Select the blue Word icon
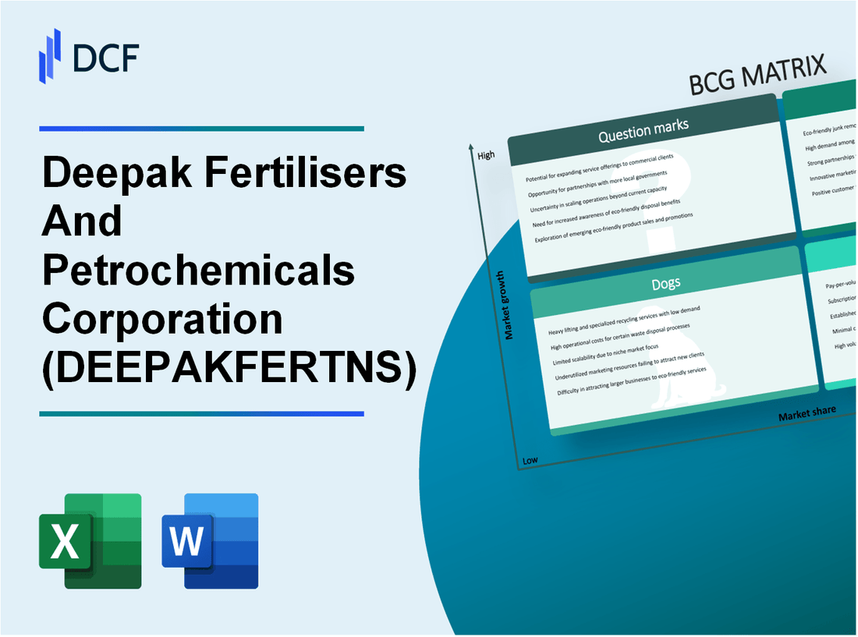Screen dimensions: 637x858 [x=210, y=540]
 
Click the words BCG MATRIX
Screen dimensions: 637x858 [x=757, y=76]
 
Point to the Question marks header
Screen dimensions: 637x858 [x=643, y=131]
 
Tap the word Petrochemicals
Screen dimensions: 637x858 [x=199, y=270]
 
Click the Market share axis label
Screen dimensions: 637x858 [x=807, y=412]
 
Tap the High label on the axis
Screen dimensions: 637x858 [x=485, y=156]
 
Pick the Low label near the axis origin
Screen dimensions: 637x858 [x=530, y=460]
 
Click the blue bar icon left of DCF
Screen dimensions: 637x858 [x=50, y=55]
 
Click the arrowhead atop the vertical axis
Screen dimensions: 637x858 [x=471, y=147]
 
